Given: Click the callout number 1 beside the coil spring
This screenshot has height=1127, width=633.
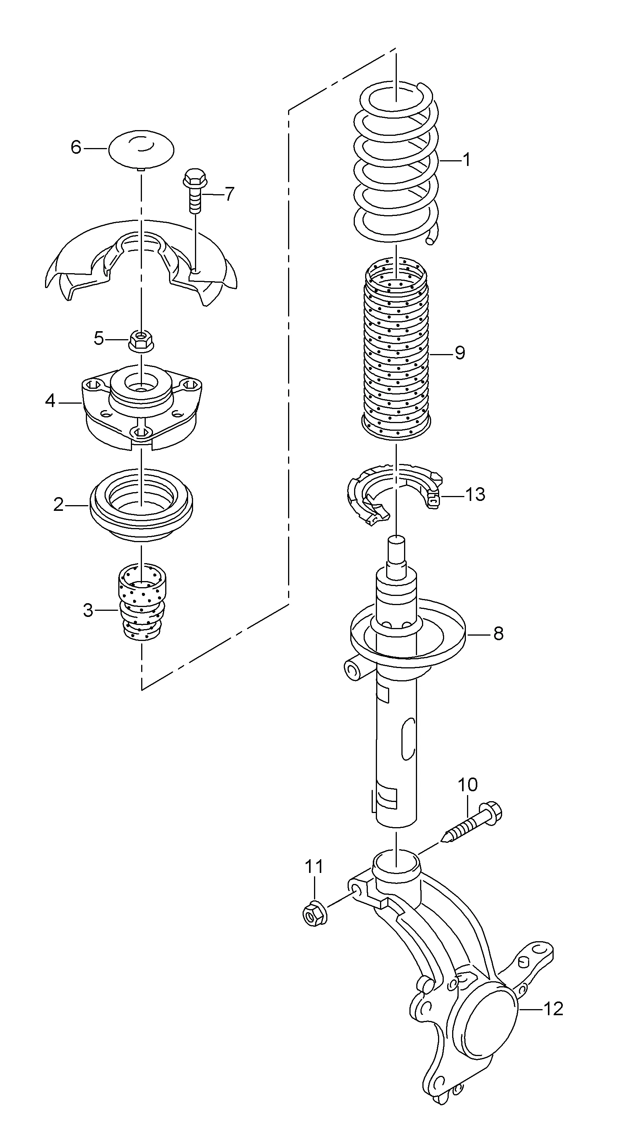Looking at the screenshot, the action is [466, 160].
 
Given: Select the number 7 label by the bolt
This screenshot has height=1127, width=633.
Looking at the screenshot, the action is [229, 193].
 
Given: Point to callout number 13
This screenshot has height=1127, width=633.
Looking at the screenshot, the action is [475, 495].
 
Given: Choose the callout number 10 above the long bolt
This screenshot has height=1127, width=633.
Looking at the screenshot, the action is [468, 785].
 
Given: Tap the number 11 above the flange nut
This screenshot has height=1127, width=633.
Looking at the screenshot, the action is [314, 867].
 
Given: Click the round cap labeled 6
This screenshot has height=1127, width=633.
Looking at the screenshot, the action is [141, 149].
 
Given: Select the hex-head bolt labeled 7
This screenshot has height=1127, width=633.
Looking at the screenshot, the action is [195, 191].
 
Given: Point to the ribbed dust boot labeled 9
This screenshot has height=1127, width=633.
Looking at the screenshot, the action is [396, 349].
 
